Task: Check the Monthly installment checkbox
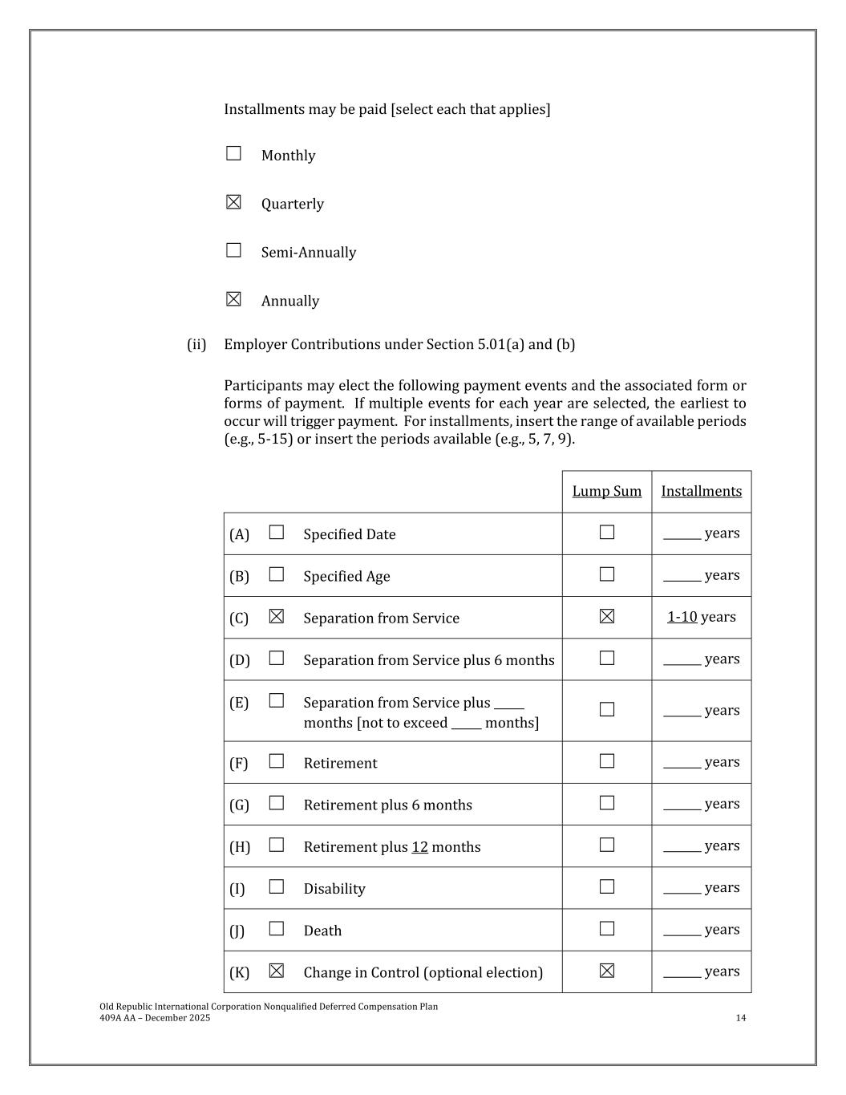coord(233,153)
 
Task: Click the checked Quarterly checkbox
coord(233,202)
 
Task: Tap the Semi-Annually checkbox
coord(233,250)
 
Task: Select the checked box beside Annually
coord(233,299)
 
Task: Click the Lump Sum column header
coord(606,491)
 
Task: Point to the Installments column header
coord(701,491)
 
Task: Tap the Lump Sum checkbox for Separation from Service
coord(607,616)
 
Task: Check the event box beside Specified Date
coord(277,533)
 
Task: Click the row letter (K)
coord(239,972)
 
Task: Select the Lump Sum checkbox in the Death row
coord(607,929)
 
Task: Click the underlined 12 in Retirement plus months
coord(419,847)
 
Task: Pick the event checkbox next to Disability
coord(277,887)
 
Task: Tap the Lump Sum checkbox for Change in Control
coord(607,971)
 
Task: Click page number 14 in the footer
coord(740,1018)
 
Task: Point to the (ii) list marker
coord(196,344)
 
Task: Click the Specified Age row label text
coord(346,576)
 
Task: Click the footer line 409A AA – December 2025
coord(155,1018)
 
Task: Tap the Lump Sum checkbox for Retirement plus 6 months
coord(607,803)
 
